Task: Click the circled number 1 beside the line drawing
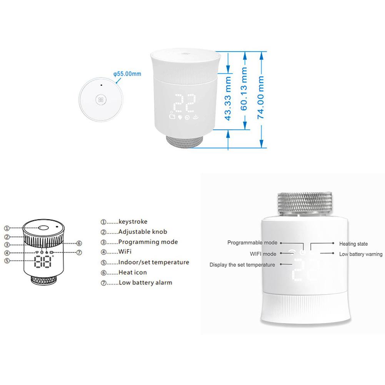[x=7, y=227]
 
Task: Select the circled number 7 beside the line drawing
[x=79, y=253]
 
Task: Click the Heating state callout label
[x=353, y=244]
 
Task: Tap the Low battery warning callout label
[x=360, y=254]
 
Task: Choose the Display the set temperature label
[x=242, y=265]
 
